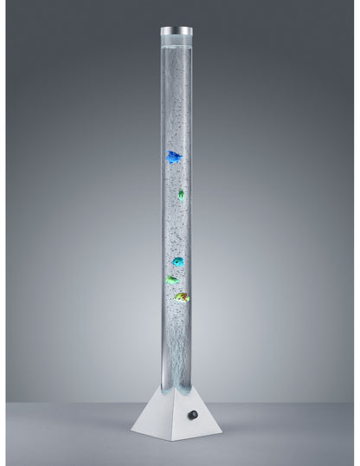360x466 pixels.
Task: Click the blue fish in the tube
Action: tap(174, 158)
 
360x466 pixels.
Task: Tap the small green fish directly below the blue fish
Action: tap(181, 194)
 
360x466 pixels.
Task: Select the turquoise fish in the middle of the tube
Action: tap(177, 261)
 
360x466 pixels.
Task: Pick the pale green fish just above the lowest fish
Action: tap(172, 280)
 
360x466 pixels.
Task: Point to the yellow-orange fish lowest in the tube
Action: tap(181, 298)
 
